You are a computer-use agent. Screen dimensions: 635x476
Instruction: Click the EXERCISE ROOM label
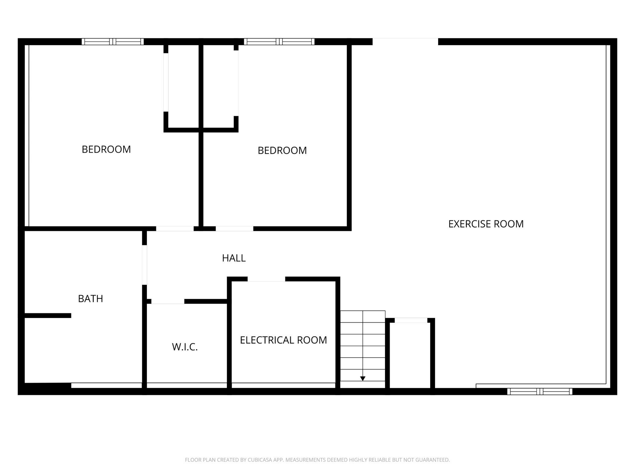point(486,224)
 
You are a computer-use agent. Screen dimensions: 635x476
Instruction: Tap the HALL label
point(234,258)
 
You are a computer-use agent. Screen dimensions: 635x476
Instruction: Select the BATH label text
point(90,299)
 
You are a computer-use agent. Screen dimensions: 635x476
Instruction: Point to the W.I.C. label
point(185,347)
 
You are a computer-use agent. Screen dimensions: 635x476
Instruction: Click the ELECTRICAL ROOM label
point(283,340)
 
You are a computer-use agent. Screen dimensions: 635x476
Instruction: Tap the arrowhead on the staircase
point(363,379)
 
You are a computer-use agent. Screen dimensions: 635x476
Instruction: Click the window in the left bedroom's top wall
point(113,42)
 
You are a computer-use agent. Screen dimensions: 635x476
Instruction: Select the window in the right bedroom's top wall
point(279,42)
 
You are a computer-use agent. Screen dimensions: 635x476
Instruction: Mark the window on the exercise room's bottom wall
point(540,391)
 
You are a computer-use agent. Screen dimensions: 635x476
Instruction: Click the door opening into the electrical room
point(266,279)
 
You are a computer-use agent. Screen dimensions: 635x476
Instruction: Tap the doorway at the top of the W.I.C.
point(168,301)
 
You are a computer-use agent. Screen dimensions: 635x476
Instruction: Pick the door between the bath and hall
point(144,265)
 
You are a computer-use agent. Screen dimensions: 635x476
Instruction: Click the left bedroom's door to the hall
point(175,229)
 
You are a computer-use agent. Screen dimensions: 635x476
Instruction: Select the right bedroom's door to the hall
point(234,229)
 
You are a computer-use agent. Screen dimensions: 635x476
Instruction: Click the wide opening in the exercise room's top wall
point(405,42)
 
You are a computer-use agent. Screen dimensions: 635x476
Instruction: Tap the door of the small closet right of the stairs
point(411,320)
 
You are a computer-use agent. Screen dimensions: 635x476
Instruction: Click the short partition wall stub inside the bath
point(48,316)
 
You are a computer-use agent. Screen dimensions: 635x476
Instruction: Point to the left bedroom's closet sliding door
point(166,82)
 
